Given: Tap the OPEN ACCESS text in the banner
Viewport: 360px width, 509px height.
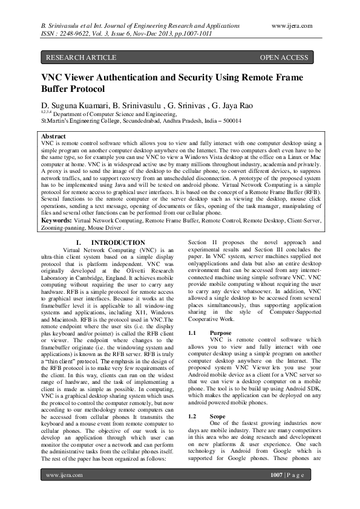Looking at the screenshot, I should point(284,58).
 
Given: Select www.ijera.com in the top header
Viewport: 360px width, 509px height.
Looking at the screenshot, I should point(292,27).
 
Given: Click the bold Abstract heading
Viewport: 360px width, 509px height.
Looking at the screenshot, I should point(53,137).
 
